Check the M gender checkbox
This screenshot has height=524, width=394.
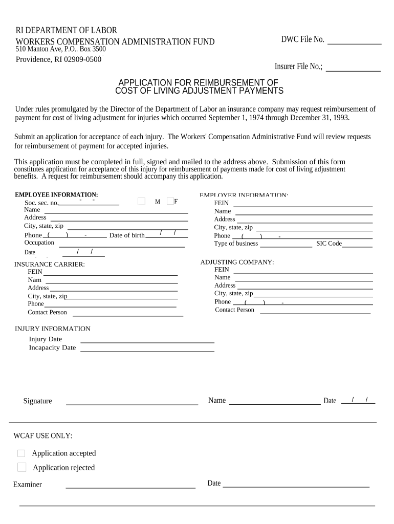coord(142,202)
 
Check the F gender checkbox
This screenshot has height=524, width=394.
coord(170,202)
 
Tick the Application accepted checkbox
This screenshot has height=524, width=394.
coord(21,453)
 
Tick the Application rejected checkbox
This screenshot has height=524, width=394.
coord(21,467)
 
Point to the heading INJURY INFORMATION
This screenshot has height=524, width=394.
coord(53,329)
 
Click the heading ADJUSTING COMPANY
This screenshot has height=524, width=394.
coord(237,262)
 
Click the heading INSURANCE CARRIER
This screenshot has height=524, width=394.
coord(50,265)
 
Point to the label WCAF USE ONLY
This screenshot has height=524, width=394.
coord(43,436)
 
